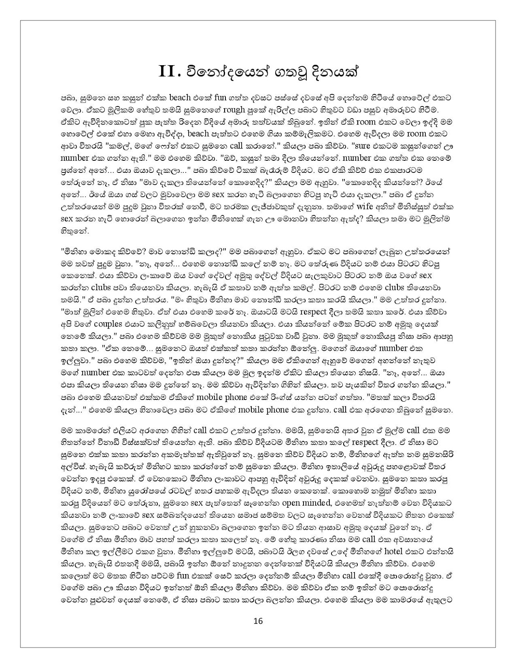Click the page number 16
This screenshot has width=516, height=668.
coord(258,621)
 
